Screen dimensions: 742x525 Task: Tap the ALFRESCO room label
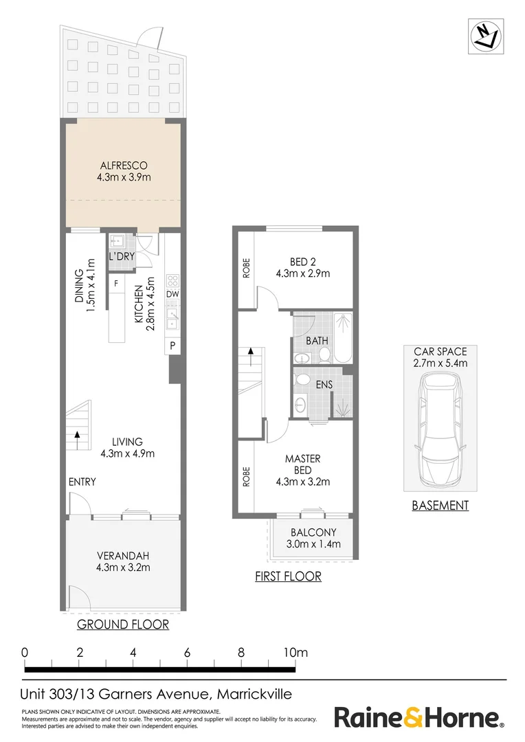124,166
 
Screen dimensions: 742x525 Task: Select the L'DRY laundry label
120,257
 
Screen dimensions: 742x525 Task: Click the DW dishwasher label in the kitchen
173,295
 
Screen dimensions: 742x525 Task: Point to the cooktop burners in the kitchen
173,280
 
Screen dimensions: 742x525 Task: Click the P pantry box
173,346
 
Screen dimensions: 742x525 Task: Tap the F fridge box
116,283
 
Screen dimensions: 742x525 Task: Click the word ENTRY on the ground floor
82,482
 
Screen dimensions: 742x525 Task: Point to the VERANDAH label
124,556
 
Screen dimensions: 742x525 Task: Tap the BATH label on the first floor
317,341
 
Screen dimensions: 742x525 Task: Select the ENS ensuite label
324,385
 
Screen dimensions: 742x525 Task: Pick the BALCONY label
313,532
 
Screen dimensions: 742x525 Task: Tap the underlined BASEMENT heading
440,506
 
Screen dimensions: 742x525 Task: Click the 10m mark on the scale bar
296,652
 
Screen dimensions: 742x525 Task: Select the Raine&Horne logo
418,718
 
